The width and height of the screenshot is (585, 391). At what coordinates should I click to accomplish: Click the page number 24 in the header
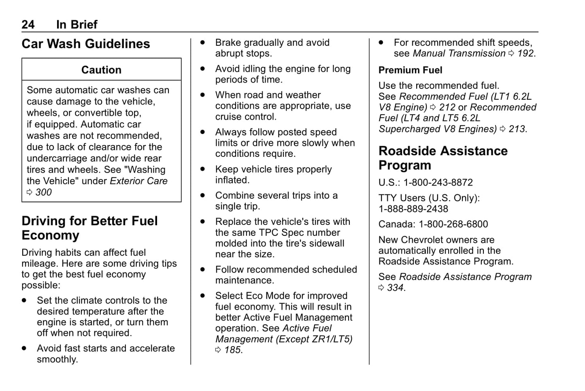pyautogui.click(x=28, y=25)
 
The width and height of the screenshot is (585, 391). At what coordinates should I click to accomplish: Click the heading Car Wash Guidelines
pyautogui.click(x=85, y=44)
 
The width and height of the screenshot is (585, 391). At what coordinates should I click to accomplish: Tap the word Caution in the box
pyautogui.click(x=101, y=70)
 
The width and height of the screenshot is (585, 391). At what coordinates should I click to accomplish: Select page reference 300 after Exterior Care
pyautogui.click(x=43, y=192)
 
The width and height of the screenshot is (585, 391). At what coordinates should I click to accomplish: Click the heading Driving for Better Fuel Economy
pyautogui.click(x=89, y=228)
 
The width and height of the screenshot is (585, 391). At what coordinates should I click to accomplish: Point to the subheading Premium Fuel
pyautogui.click(x=410, y=70)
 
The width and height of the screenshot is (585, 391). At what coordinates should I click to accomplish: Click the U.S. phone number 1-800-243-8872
pyautogui.click(x=438, y=183)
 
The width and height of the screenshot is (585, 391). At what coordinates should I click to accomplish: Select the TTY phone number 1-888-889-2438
pyautogui.click(x=413, y=209)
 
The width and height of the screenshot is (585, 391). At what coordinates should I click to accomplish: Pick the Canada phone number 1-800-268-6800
pyautogui.click(x=453, y=224)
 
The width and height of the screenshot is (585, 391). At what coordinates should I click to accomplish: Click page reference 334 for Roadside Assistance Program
pyautogui.click(x=395, y=288)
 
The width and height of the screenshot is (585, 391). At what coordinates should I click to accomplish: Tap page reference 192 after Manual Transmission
pyautogui.click(x=525, y=53)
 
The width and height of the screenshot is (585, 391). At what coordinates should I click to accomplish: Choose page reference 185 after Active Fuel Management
pyautogui.click(x=233, y=350)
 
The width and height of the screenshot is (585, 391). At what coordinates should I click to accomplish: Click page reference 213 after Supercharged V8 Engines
pyautogui.click(x=517, y=129)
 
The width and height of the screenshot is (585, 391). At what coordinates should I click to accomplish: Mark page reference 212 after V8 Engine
pyautogui.click(x=447, y=108)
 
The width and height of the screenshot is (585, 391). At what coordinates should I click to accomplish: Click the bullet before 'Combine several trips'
pyautogui.click(x=203, y=196)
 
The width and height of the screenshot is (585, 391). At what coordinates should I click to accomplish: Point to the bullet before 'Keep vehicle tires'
pyautogui.click(x=203, y=169)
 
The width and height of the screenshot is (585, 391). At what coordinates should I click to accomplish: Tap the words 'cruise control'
pyautogui.click(x=246, y=117)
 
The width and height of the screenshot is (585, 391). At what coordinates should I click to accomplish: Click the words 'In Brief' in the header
pyautogui.click(x=77, y=25)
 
